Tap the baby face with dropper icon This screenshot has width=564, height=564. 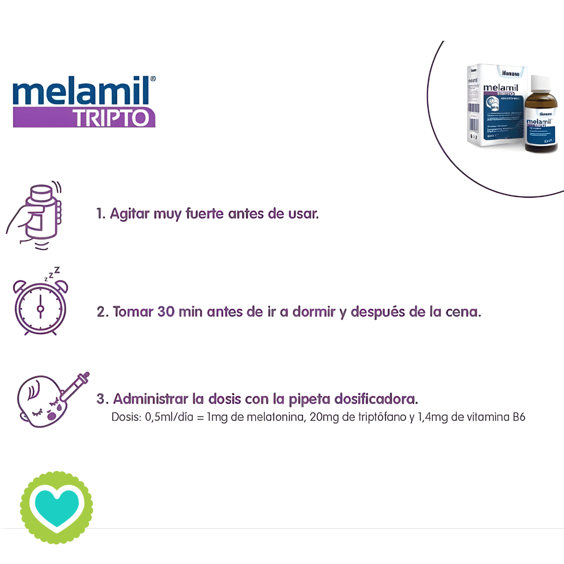pos(47,399)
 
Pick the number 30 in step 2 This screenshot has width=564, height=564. pos(165,312)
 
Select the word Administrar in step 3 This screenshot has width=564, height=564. pos(150,399)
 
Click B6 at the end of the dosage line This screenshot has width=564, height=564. pos(518,417)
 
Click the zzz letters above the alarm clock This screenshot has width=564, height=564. pos(52,274)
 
